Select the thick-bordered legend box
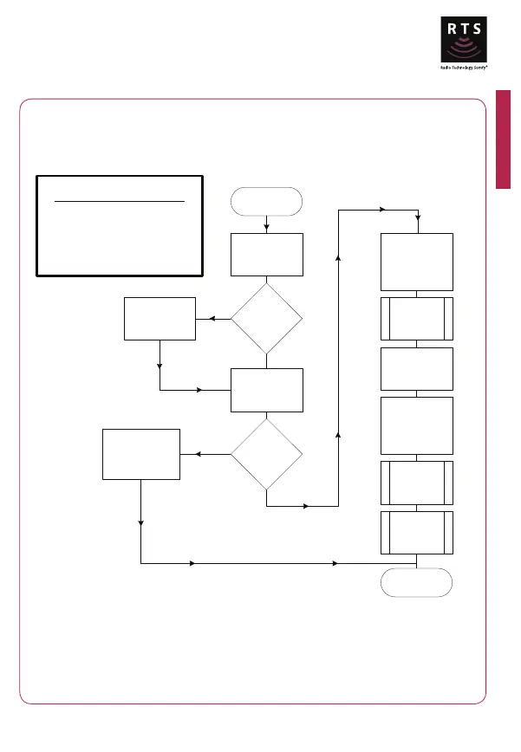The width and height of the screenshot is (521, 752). coord(120,225)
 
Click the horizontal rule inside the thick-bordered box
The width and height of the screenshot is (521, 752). coord(120,201)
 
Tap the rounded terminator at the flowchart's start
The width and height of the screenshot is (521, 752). coord(266,201)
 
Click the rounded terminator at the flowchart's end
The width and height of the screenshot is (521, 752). coord(417,582)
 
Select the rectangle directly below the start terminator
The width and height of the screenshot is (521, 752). coord(266,254)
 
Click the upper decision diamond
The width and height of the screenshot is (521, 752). coord(266,318)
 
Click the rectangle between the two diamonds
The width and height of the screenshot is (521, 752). coord(266,390)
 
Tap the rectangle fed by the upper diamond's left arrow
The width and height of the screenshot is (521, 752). coord(160,318)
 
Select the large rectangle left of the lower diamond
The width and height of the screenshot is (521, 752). coord(140,453)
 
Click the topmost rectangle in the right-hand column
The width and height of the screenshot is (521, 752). coord(417,262)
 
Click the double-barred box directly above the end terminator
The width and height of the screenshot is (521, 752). coord(417,532)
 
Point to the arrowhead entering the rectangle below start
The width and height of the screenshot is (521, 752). coord(266,229)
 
